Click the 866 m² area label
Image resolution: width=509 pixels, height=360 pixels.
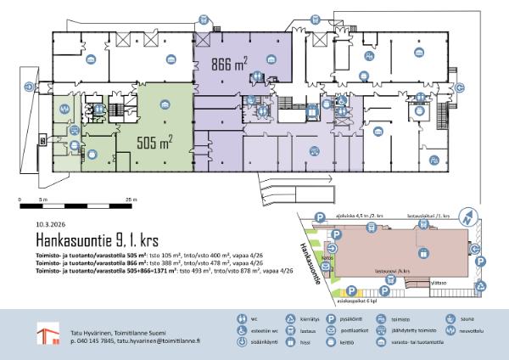coord(229,64)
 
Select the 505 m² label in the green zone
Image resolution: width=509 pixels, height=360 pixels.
coord(154,141)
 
